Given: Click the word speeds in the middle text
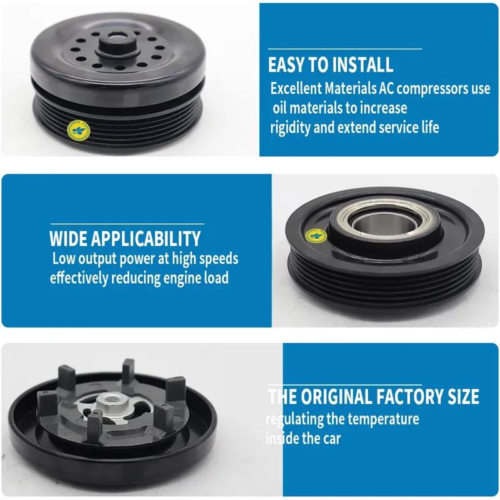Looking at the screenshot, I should (219, 258).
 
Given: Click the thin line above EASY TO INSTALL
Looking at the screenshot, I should (344, 49).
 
